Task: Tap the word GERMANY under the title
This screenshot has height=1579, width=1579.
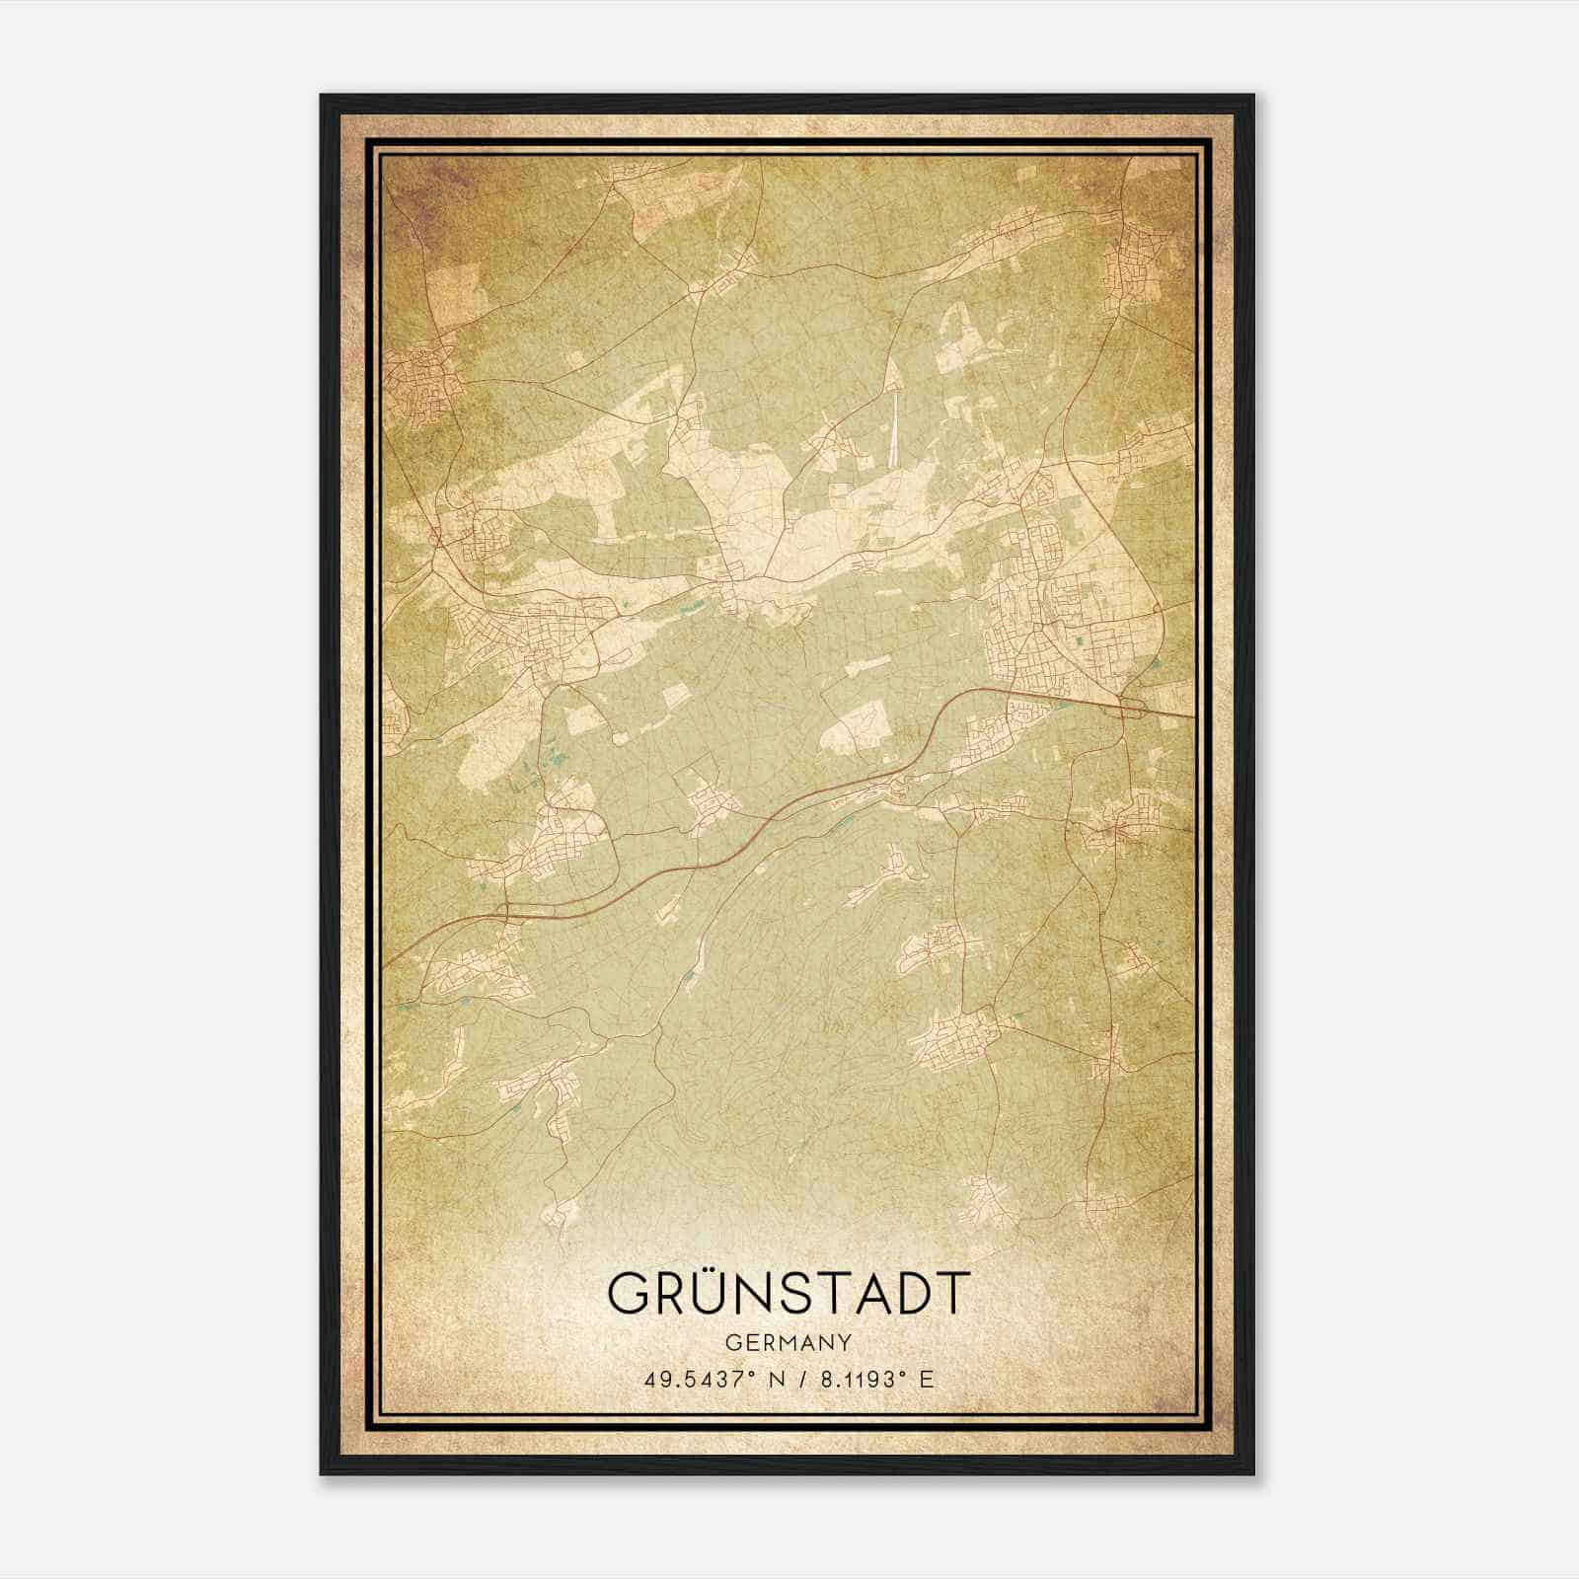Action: point(788,1342)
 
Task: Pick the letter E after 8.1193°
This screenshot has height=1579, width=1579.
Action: point(926,1379)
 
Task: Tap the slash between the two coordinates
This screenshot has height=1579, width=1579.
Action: point(799,1379)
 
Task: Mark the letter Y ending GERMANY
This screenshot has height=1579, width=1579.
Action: point(845,1342)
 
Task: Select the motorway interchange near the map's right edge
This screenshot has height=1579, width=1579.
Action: point(1128,703)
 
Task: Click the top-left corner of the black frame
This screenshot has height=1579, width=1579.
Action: point(323,97)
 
